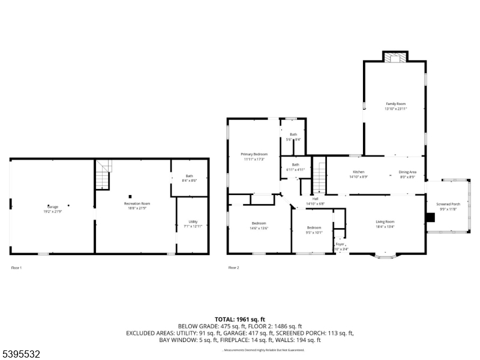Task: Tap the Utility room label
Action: pos(193,223)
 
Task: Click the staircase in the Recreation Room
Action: pos(104,174)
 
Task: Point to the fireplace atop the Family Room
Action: pos(395,58)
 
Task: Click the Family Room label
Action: pos(395,106)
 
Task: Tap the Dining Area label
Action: pos(407,174)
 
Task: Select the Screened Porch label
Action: pos(448,206)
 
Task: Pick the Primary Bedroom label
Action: pos(254,157)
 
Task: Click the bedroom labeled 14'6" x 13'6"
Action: pos(259,226)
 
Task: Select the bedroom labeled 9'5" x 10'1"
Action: pos(314,230)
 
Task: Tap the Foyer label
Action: pos(340,246)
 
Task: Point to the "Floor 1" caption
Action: pos(16,267)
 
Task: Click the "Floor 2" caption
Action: pos(233,267)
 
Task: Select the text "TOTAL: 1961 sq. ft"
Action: pos(239,319)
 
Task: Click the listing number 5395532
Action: pos(22,354)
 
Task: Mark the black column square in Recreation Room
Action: pos(130,196)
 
